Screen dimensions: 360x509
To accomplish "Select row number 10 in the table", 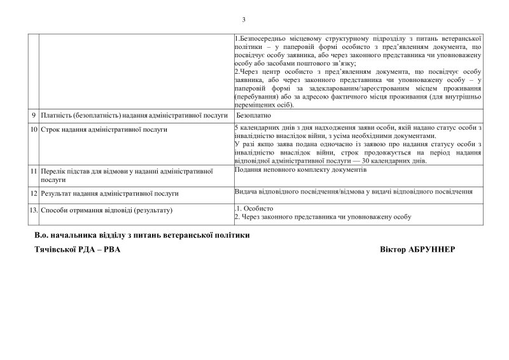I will coord(34,129).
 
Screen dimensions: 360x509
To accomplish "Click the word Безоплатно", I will coord(253,116).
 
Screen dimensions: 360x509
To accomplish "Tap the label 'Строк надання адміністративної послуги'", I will coord(104,129).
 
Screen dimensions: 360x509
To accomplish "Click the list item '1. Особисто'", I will coord(254,209).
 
